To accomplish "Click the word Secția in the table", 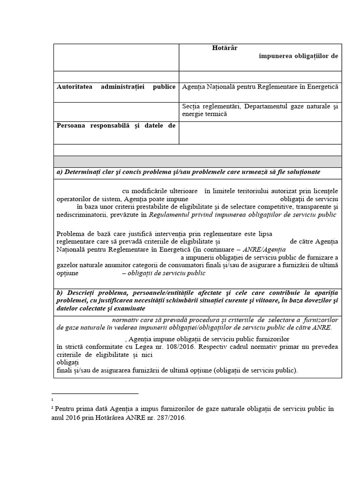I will coord(190,107).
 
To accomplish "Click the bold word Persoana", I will coord(71,125).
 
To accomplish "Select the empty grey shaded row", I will coord(197,161).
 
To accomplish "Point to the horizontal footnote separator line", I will coord(95,394).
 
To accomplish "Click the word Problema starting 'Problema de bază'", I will coord(70,233).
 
